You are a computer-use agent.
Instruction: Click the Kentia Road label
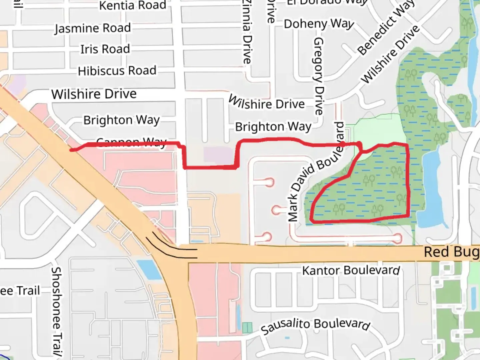(x=132, y=5)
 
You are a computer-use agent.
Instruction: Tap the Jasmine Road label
(x=93, y=28)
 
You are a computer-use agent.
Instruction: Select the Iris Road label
(x=105, y=49)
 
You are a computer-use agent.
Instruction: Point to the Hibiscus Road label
(x=117, y=71)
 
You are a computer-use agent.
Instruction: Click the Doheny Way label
(x=319, y=24)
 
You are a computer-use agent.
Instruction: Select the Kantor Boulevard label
(x=351, y=270)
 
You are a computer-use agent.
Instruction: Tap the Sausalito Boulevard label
(x=315, y=325)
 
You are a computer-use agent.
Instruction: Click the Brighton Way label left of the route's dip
(x=121, y=120)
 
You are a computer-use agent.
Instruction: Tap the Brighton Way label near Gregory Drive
(x=273, y=127)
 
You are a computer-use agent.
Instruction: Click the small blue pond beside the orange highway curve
(x=150, y=269)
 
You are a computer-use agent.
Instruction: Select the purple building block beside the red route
(x=218, y=155)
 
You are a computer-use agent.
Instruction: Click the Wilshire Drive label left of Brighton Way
(x=94, y=94)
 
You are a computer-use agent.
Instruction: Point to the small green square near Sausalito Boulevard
(x=247, y=328)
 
